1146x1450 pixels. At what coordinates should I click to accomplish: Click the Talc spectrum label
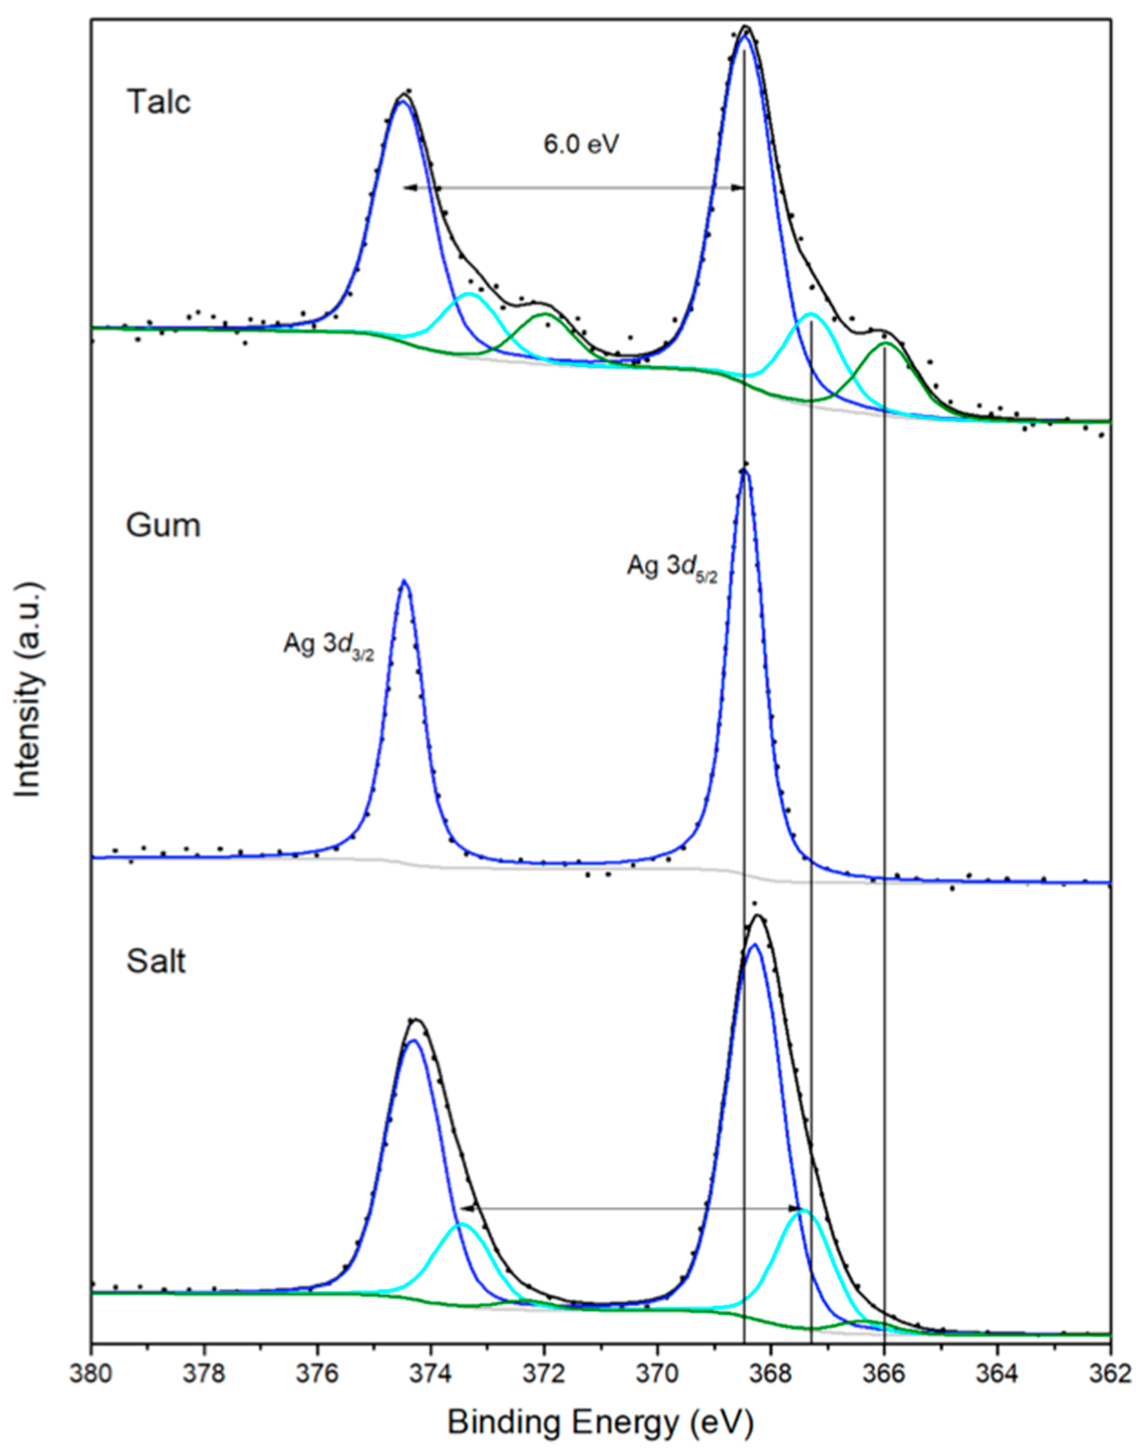[x=158, y=103]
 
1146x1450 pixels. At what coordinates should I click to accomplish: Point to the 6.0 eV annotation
[x=581, y=145]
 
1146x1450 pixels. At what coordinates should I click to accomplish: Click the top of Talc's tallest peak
[x=745, y=27]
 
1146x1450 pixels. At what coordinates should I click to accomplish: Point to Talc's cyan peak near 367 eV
[x=811, y=314]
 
